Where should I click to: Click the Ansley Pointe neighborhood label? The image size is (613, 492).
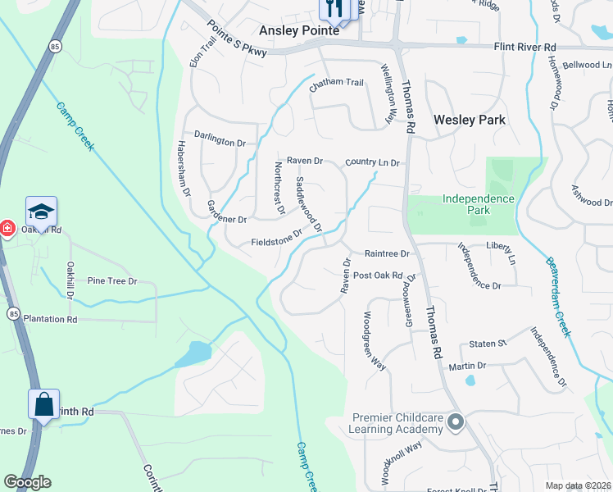[x=299, y=30]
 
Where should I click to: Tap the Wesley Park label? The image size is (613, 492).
[x=470, y=120]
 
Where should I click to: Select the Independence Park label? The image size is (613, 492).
[x=478, y=204]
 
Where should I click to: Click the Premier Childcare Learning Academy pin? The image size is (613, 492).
[x=456, y=423]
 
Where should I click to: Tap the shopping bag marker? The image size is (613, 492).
[x=43, y=404]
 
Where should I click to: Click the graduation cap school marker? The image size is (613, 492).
[x=41, y=212]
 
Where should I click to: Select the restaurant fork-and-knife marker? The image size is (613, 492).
[x=333, y=10]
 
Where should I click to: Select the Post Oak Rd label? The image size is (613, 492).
[x=378, y=276]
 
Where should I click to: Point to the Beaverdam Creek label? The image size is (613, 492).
[x=557, y=295]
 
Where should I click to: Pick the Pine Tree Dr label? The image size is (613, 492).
[x=111, y=281]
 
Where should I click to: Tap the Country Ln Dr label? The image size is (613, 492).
[x=372, y=162]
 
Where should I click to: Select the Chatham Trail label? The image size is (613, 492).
[x=335, y=83]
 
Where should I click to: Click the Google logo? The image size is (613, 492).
[x=27, y=482]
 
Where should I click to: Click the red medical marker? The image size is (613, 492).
[x=6, y=227]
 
